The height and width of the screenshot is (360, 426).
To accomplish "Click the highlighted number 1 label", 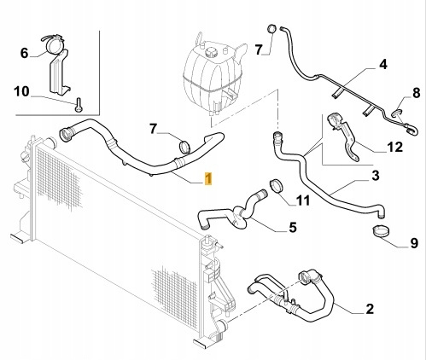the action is [x=208, y=178].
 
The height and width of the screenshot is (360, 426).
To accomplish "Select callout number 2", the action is [x=370, y=309].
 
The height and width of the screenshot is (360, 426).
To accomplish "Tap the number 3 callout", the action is [x=376, y=176].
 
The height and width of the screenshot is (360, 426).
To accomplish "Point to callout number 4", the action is [x=383, y=64].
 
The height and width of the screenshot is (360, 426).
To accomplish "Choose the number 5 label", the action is [x=293, y=227].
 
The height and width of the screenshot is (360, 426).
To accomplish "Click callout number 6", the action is [x=25, y=53].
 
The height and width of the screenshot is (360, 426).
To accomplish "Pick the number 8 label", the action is [x=416, y=93].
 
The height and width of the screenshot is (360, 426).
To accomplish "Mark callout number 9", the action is [x=414, y=243].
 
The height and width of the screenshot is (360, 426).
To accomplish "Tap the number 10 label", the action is [x=21, y=91].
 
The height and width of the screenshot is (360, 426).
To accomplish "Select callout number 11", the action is [x=303, y=200].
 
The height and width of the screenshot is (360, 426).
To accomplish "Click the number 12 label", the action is [x=394, y=147].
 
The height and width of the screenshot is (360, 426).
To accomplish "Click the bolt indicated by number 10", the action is [x=79, y=105].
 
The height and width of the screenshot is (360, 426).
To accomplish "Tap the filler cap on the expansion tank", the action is [x=211, y=52].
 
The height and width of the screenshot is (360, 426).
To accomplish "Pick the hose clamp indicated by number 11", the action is [x=276, y=186].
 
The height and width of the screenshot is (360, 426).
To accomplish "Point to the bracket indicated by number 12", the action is [x=344, y=136].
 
